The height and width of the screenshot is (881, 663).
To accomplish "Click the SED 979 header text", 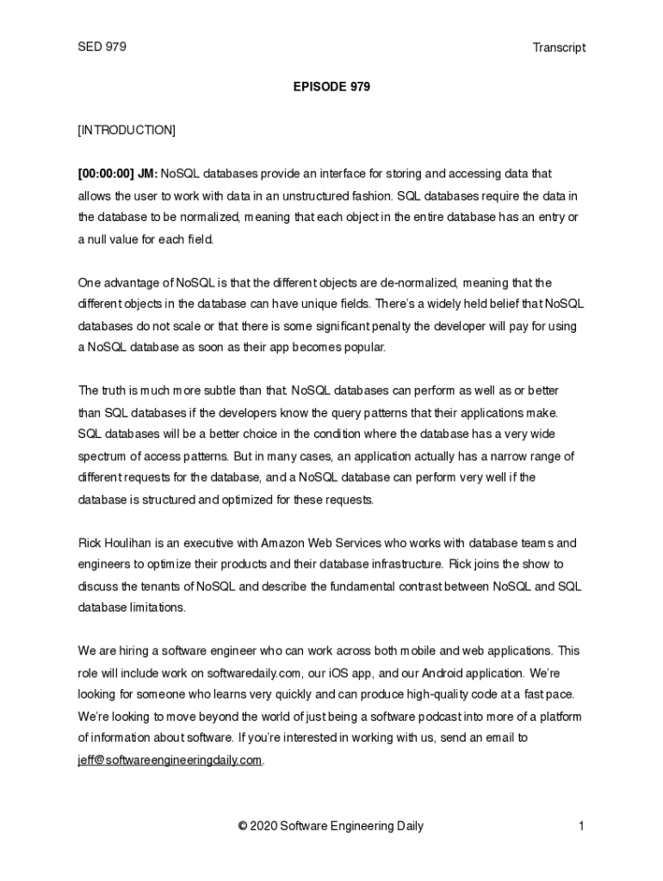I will [102, 47].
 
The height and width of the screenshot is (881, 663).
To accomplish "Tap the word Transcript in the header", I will [559, 48].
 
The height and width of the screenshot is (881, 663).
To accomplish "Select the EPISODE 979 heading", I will [331, 87].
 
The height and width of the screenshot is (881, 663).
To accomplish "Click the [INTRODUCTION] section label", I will [127, 130].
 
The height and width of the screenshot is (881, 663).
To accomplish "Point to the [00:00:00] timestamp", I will [104, 174].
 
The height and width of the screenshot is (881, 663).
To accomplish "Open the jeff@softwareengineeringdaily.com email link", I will [170, 760].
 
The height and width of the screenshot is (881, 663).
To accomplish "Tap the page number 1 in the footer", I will [582, 827].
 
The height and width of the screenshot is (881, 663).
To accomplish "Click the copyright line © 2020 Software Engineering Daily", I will [331, 827].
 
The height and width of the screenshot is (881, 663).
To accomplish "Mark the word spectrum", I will [102, 456].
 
